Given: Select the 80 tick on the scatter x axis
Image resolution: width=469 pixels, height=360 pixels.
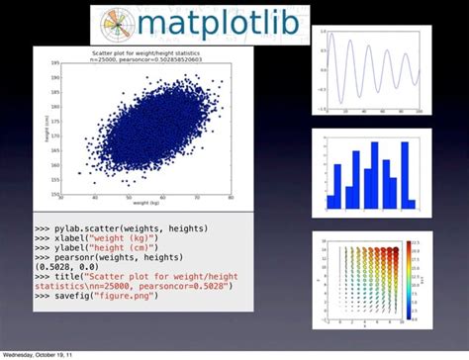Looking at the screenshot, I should click(231, 198).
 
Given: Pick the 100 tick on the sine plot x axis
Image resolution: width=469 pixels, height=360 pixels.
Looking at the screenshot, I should click(419, 115).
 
